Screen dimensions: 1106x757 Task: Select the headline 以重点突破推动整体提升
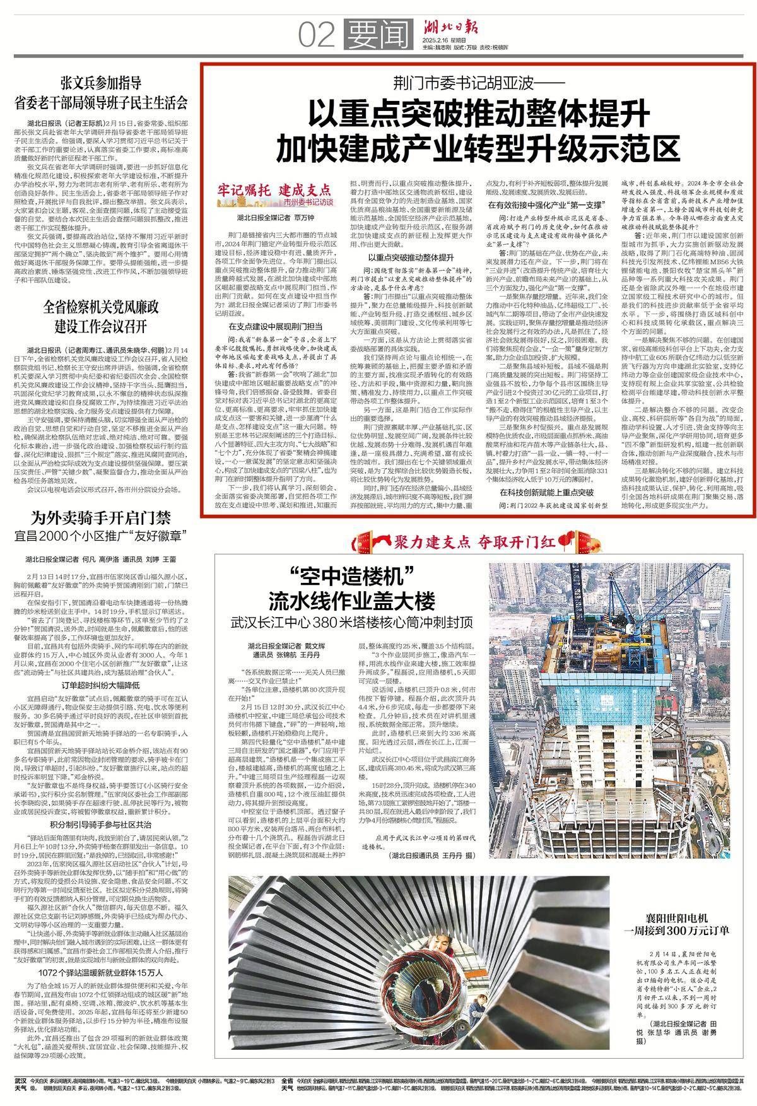[479, 115]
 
